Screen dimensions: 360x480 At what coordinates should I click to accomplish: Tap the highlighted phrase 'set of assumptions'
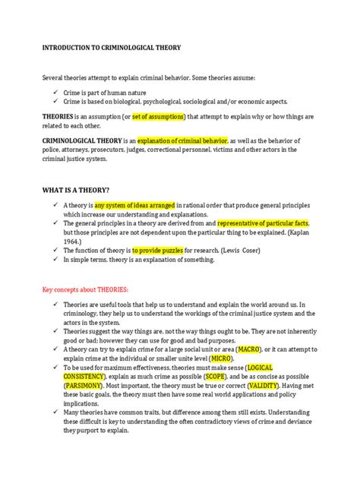[x=165, y=116]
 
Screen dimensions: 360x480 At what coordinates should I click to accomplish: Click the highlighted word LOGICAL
[x=282, y=368]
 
